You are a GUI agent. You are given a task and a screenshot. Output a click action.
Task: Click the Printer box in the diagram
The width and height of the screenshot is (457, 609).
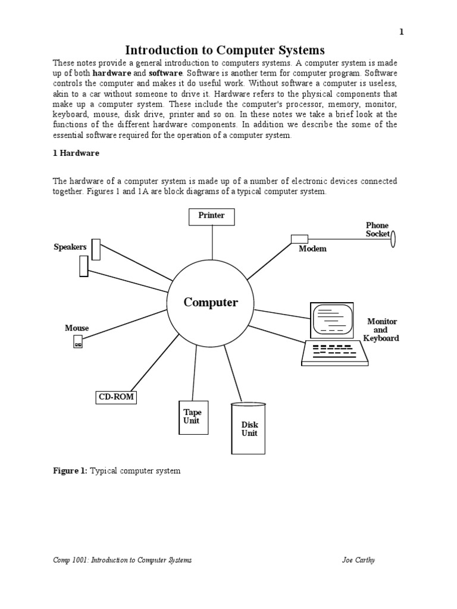pyautogui.click(x=212, y=216)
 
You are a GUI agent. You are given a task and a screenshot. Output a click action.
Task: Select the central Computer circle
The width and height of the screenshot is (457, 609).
pyautogui.click(x=211, y=303)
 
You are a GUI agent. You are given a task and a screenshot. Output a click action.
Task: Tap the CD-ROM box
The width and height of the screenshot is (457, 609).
pyautogui.click(x=116, y=397)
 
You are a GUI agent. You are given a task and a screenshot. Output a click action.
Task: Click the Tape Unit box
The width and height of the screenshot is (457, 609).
pyautogui.click(x=192, y=417)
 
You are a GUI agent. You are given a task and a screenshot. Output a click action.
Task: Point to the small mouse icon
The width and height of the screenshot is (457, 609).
pyautogui.click(x=78, y=341)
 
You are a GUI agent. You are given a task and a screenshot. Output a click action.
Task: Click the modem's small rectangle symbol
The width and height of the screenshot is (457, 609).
pyautogui.click(x=299, y=239)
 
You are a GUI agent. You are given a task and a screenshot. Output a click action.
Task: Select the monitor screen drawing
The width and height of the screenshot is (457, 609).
pyautogui.click(x=330, y=320)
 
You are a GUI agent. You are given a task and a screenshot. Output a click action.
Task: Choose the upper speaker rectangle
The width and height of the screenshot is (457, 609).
pyautogui.click(x=96, y=249)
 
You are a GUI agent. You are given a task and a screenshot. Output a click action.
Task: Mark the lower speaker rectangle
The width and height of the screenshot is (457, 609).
pyautogui.click(x=83, y=266)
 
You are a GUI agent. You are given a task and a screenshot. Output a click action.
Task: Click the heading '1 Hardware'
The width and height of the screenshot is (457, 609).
pyautogui.click(x=76, y=153)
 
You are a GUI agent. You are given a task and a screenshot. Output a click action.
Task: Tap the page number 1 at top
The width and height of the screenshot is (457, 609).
pyautogui.click(x=402, y=32)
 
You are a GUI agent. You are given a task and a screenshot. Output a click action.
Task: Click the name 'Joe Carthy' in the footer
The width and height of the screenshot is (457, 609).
pyautogui.click(x=358, y=560)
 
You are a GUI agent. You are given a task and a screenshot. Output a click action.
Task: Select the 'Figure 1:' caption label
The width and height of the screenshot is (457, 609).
pyautogui.click(x=70, y=471)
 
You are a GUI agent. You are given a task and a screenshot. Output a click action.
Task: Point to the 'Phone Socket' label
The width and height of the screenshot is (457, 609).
pyautogui.click(x=377, y=230)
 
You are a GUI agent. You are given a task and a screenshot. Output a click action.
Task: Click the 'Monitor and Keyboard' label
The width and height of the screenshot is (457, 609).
pyautogui.click(x=381, y=330)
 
